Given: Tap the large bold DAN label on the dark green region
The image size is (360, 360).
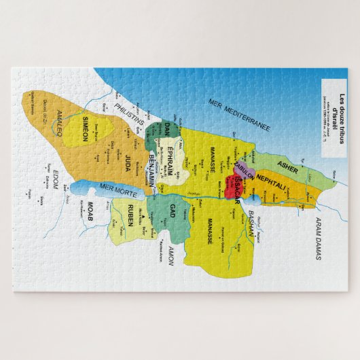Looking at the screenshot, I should pos(166,128).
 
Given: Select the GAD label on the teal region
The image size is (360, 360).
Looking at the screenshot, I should pos(173,209).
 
